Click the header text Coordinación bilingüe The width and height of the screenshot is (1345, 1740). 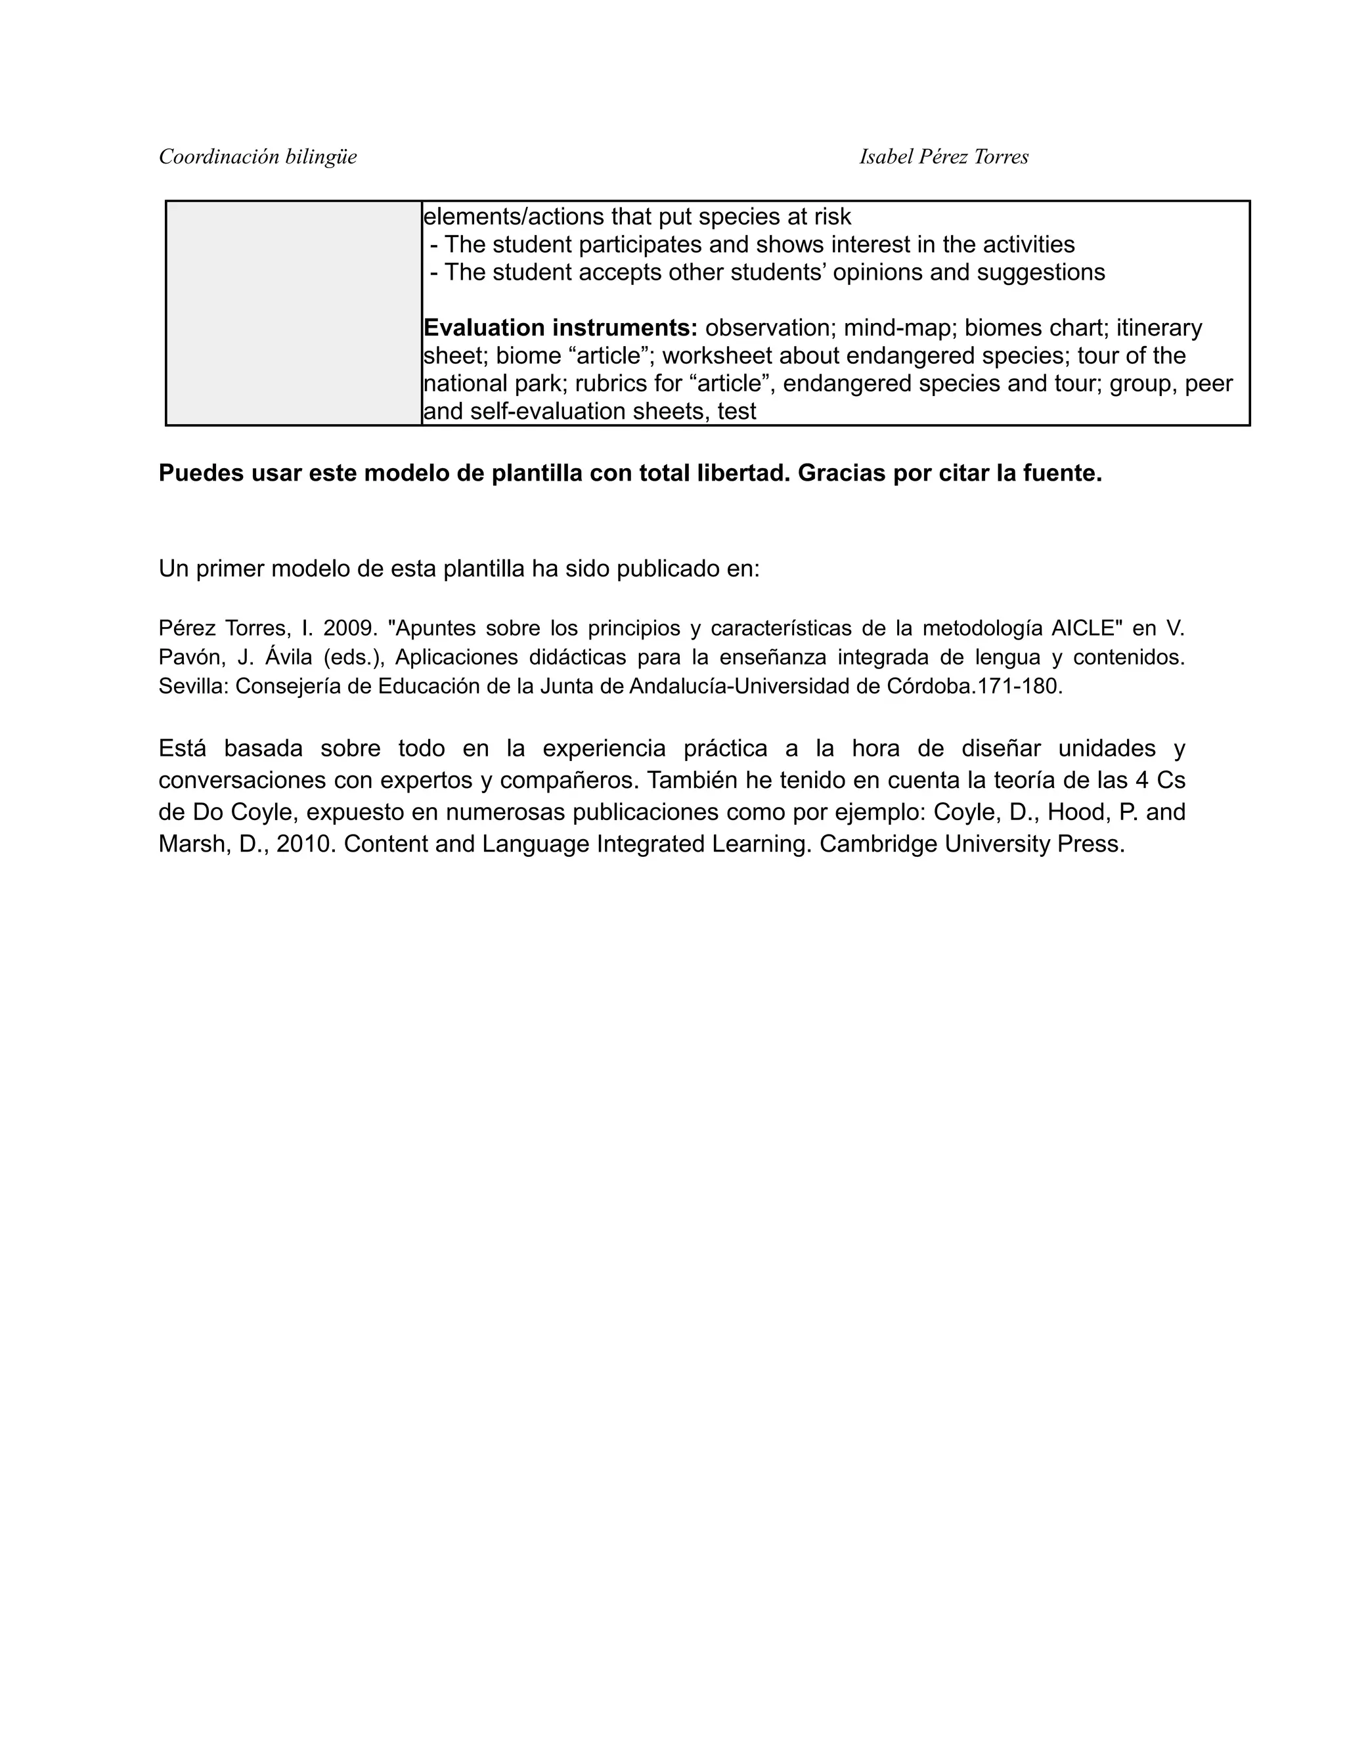coord(257,157)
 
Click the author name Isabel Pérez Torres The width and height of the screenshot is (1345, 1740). coord(944,157)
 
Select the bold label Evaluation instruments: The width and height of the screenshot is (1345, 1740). coord(560,328)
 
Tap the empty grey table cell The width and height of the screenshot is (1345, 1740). coord(293,313)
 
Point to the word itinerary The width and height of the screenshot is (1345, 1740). coord(1158,328)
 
